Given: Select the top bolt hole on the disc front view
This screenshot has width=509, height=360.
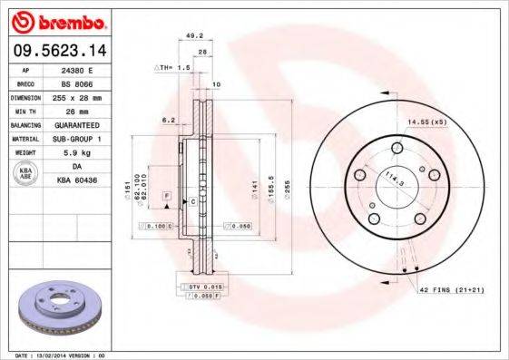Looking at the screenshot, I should pos(396,149).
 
